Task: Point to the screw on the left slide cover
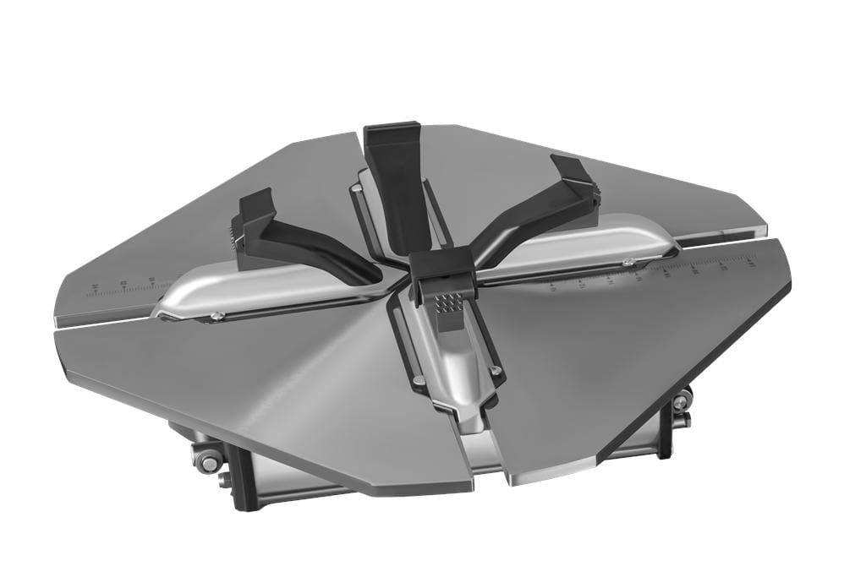218,317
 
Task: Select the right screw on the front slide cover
496,370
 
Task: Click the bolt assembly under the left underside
208,462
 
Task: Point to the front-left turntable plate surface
279,380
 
